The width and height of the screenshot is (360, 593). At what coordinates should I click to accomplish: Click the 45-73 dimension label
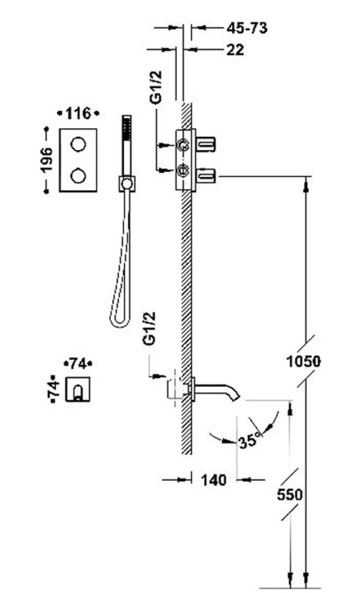(x=247, y=28)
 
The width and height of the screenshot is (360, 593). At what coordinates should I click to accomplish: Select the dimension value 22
(x=235, y=49)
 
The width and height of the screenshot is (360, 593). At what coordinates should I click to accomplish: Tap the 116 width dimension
(x=78, y=113)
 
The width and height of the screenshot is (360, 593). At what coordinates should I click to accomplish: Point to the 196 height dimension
(x=47, y=160)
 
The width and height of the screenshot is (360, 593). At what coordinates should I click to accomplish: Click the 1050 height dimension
(x=303, y=362)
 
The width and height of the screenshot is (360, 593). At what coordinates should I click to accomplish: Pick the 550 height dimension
(x=290, y=495)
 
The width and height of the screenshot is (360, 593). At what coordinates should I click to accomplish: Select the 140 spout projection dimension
(x=213, y=480)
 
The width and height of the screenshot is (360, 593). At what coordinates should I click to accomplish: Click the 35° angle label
(x=250, y=440)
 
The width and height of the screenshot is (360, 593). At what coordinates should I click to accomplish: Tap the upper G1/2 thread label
(x=156, y=87)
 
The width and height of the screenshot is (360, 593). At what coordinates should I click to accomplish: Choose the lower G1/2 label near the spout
(x=149, y=328)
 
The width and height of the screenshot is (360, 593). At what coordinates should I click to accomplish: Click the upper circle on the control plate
(x=78, y=144)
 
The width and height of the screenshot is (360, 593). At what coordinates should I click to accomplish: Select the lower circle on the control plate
(x=78, y=175)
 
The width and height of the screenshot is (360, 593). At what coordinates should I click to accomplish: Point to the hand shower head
(x=127, y=129)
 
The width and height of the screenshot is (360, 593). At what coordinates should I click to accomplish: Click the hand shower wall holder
(x=127, y=184)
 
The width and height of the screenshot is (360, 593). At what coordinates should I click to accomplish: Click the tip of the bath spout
(x=237, y=397)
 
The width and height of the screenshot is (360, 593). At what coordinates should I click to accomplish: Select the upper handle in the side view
(x=206, y=144)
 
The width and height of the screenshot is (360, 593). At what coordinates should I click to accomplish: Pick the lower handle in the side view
(x=206, y=175)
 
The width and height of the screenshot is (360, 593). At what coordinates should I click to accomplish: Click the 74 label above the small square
(x=78, y=364)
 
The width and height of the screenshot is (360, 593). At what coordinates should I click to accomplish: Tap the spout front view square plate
(x=78, y=389)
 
